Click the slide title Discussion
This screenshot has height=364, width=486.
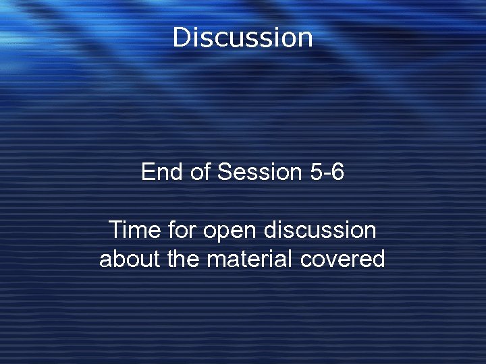point(243,37)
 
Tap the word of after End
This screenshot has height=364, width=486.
point(200,173)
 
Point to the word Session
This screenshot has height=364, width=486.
point(261,173)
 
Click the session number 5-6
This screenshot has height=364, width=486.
point(327,173)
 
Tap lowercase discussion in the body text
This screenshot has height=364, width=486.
point(320,231)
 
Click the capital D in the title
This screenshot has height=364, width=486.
point(182,37)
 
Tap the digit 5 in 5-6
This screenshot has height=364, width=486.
point(316,173)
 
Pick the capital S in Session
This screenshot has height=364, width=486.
point(225,173)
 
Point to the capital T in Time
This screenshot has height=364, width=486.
point(115,231)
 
